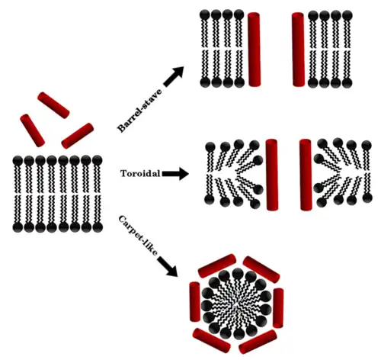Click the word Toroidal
[140, 173]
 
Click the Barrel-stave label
[139, 111]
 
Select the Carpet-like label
[139, 236]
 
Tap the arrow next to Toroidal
[175, 174]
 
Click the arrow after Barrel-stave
[174, 76]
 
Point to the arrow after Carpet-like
[168, 266]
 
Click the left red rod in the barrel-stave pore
[255, 50]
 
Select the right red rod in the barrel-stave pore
[298, 50]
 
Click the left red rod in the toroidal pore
[272, 175]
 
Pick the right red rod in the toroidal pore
[306, 175]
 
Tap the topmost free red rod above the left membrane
[53, 105]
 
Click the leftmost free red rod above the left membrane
[33, 130]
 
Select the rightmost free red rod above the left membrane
[78, 136]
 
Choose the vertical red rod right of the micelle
[278, 308]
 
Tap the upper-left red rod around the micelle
[217, 265]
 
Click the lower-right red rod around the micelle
[258, 342]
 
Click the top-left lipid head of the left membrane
[18, 161]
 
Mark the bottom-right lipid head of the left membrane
[98, 227]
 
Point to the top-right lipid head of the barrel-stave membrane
[347, 15]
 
